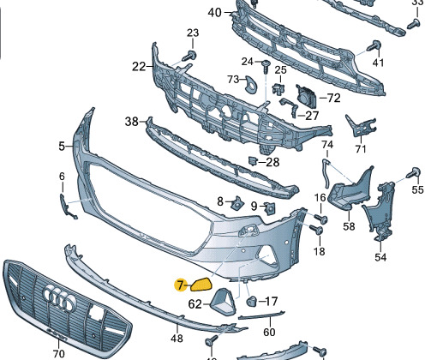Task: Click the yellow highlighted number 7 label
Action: click(x=180, y=285)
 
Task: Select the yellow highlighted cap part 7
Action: click(x=201, y=285)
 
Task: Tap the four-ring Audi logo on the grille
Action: click(x=59, y=298)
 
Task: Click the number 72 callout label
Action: click(x=333, y=98)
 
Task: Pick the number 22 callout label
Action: click(x=139, y=67)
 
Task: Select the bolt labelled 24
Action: click(x=266, y=66)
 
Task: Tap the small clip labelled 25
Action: click(x=278, y=88)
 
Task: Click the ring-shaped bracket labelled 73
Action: click(x=251, y=85)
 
